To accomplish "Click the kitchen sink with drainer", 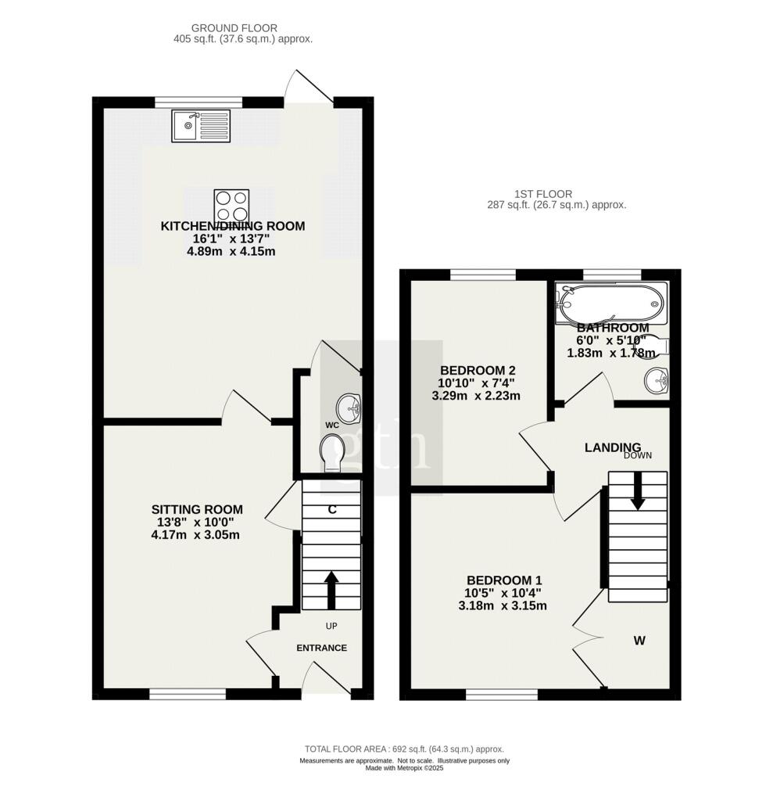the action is [x=201, y=126].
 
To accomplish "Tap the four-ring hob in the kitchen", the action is [x=231, y=206].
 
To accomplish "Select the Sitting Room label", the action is [x=197, y=509].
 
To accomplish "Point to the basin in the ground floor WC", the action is [x=349, y=408].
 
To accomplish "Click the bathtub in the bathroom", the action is [x=611, y=303].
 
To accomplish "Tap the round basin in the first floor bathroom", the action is [x=657, y=381].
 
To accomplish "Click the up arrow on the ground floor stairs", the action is [x=331, y=590].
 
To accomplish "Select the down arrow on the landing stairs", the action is [x=637, y=491].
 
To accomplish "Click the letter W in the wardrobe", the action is [x=639, y=640].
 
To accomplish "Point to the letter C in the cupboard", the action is [x=332, y=509].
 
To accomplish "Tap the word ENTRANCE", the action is [x=322, y=648].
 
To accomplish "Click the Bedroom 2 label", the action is [x=478, y=370].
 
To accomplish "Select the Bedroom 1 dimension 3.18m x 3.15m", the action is [x=503, y=606].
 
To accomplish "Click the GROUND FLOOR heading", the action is [x=234, y=28].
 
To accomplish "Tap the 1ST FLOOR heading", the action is [x=543, y=194].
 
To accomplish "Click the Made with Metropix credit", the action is [x=404, y=768].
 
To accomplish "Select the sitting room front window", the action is [x=188, y=694].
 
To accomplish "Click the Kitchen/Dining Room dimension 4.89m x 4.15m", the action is [x=231, y=251].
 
